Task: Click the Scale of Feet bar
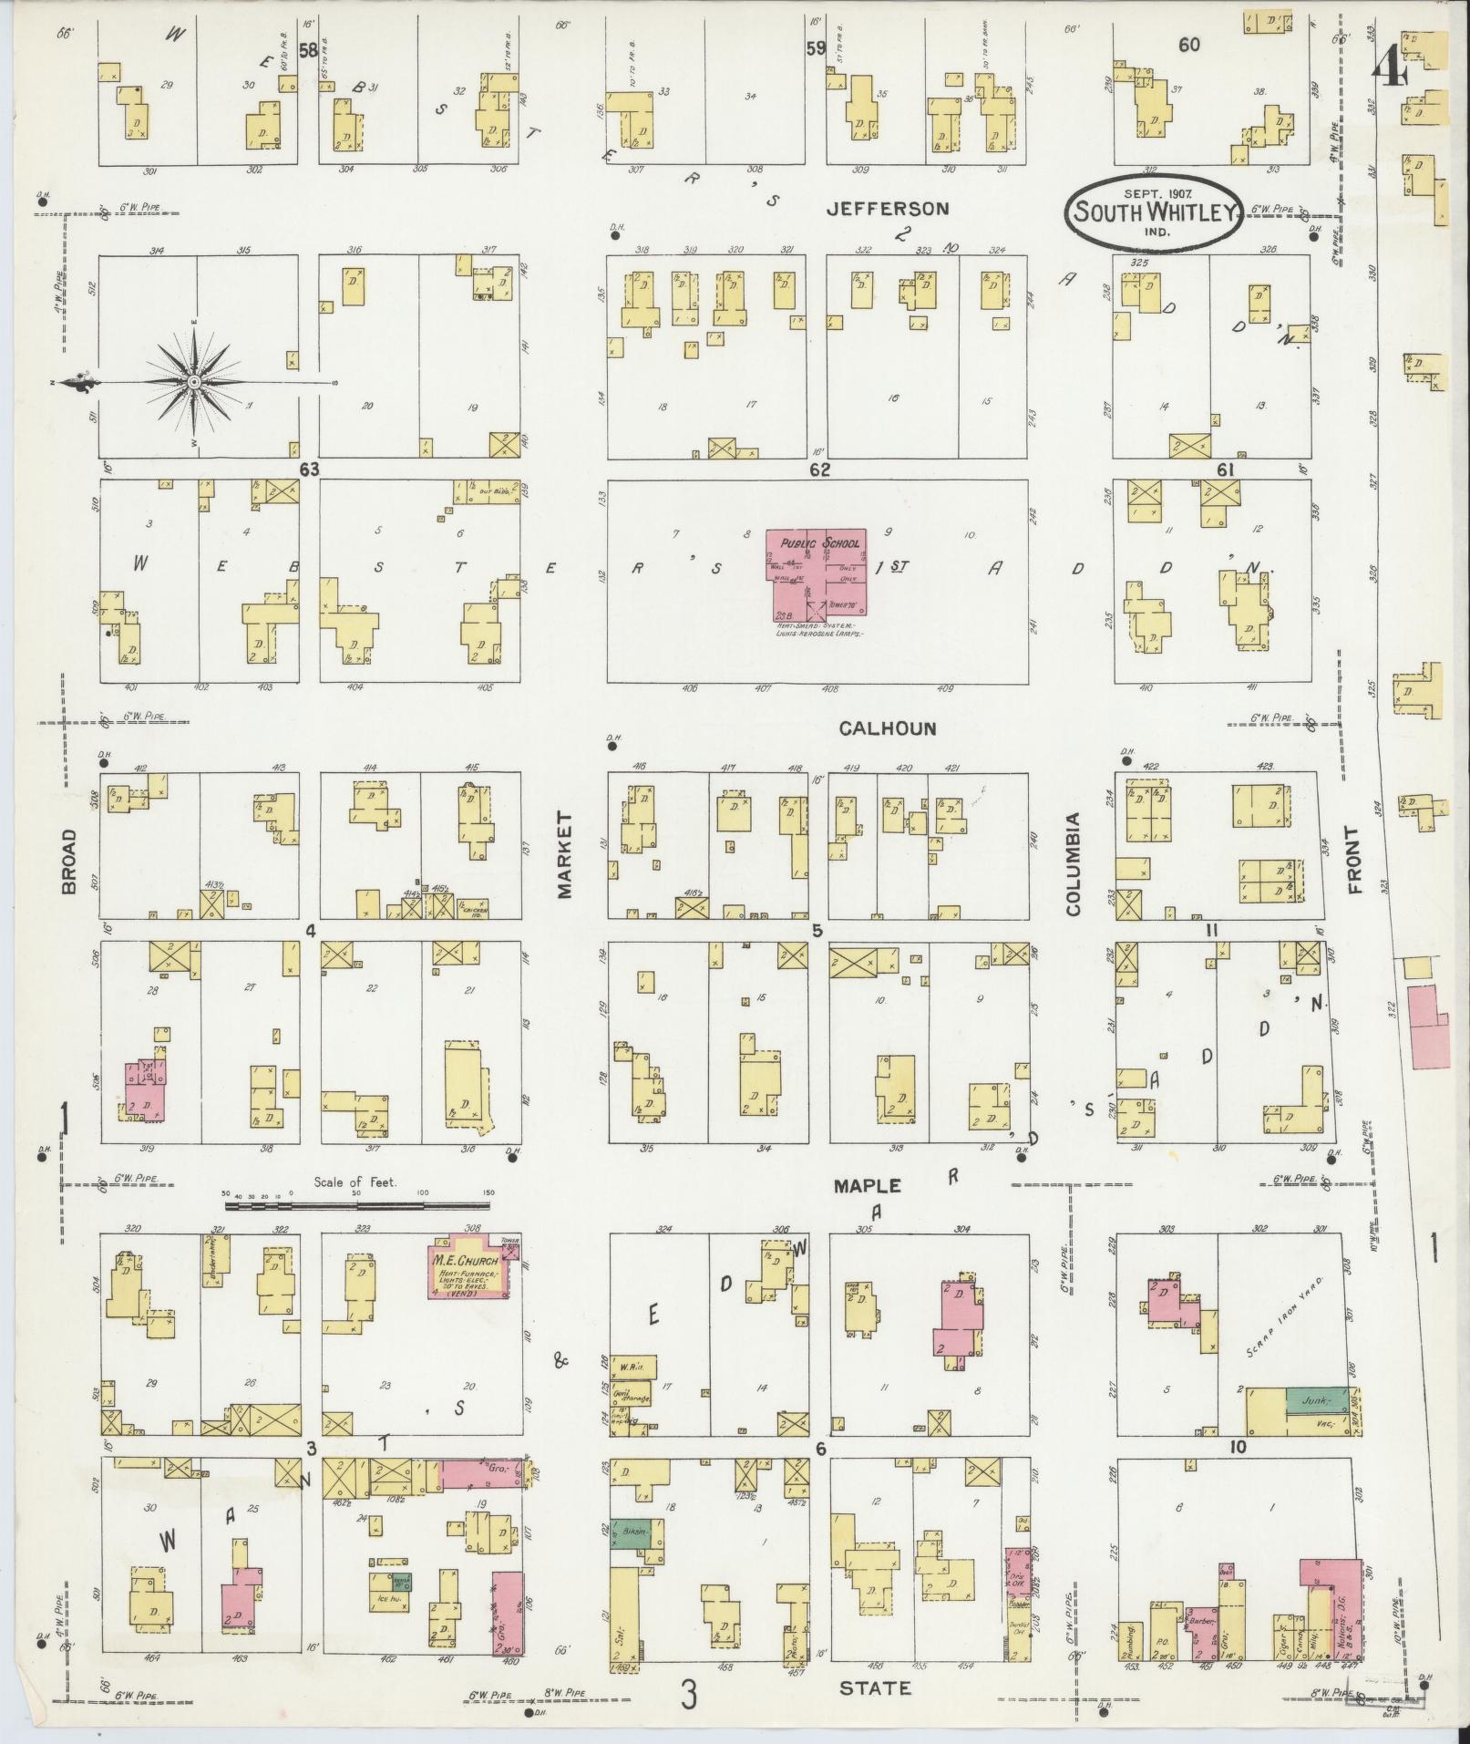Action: [356, 1205]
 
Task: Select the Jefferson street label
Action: [887, 209]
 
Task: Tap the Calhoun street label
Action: [887, 728]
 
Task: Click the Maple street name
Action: [868, 1186]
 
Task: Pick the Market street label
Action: [564, 855]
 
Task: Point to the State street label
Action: [874, 1688]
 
